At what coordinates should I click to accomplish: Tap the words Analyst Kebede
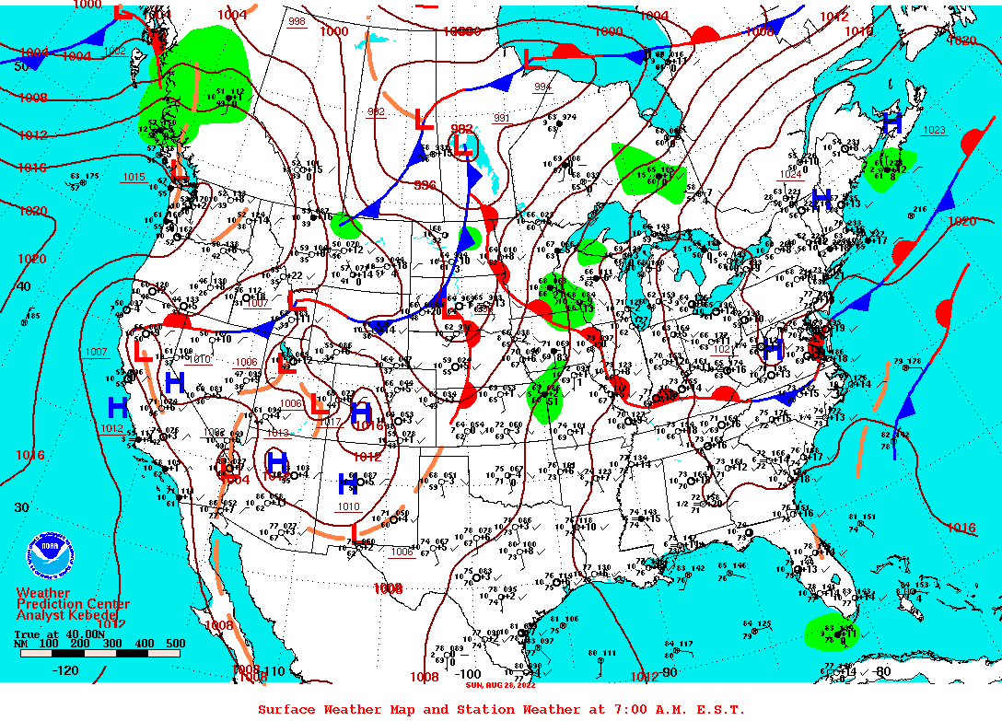68,615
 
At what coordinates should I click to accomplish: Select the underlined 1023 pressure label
934,131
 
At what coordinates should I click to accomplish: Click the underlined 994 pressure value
542,87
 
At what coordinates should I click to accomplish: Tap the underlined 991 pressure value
501,118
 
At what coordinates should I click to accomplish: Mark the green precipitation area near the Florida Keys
831,633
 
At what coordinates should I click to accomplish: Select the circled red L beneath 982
463,145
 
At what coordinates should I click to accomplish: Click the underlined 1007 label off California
95,352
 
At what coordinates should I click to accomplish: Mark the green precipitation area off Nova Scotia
890,168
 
